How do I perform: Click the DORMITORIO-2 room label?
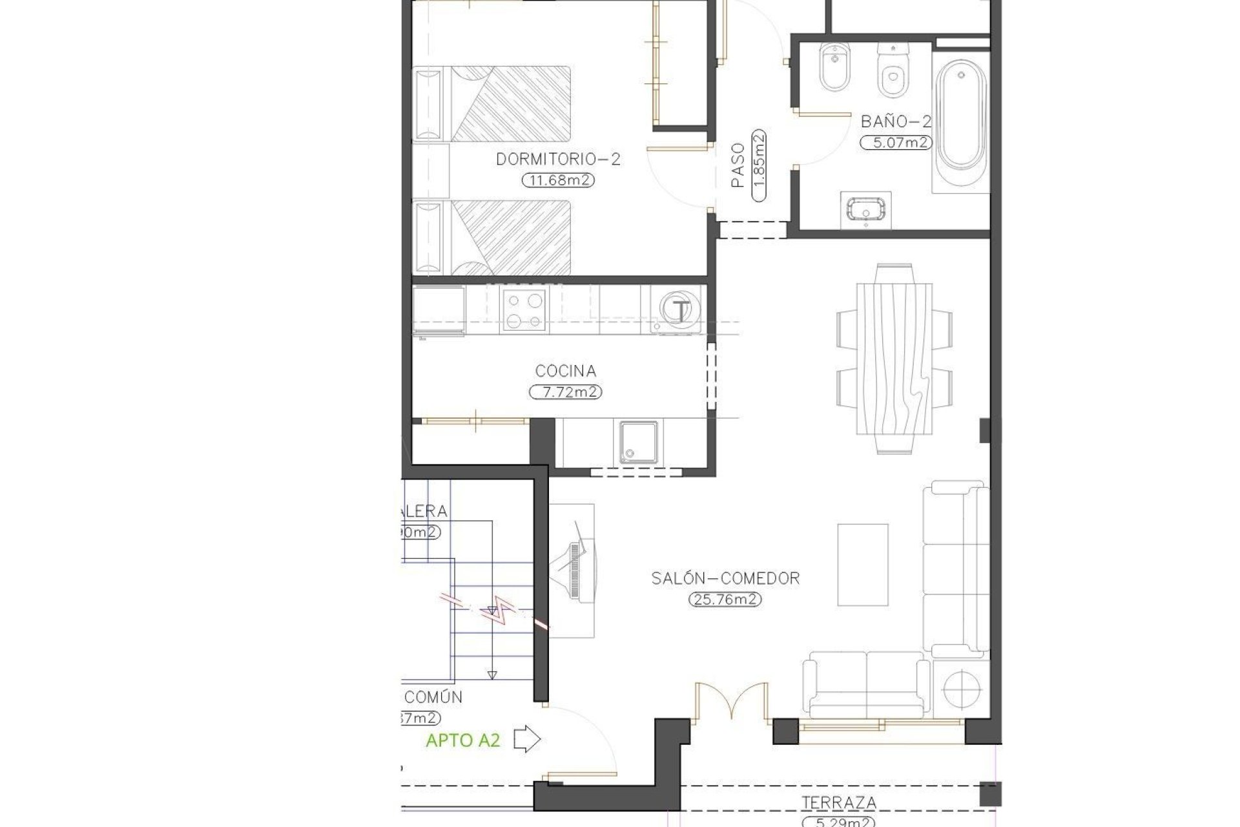tap(558, 159)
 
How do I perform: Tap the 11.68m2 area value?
tap(558, 181)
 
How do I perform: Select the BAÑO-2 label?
tap(896, 121)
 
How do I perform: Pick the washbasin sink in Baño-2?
tap(865, 210)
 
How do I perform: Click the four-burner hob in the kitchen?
tap(524, 311)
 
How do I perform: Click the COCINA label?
tap(565, 372)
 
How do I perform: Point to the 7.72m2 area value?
tap(565, 392)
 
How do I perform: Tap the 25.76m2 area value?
tap(725, 600)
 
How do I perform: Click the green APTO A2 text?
tap(462, 740)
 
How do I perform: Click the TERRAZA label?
tap(838, 803)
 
